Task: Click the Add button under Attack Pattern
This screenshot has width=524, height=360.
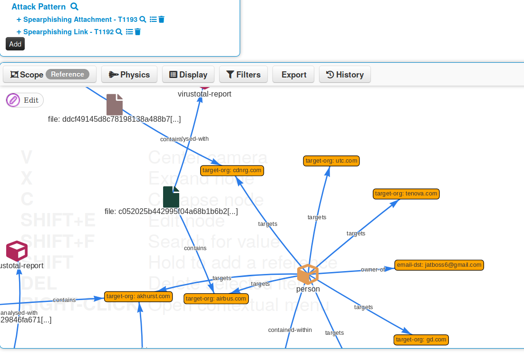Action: [15, 44]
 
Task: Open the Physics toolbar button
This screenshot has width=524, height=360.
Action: [129, 75]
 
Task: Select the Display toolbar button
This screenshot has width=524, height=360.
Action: [188, 75]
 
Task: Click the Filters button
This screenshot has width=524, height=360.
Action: [243, 75]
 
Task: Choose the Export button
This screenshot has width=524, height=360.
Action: [293, 75]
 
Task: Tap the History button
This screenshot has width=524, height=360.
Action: [345, 75]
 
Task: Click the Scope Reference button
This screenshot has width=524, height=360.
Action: [50, 75]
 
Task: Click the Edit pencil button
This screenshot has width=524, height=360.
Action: [25, 100]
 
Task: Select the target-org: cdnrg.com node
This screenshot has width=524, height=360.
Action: [232, 170]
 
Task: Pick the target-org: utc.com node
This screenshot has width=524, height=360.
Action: [331, 161]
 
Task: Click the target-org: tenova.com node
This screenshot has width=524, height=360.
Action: [406, 194]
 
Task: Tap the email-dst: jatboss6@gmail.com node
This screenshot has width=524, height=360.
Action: [439, 265]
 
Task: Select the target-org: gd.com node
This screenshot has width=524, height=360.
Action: [421, 340]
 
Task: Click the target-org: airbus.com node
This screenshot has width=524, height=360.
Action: [216, 299]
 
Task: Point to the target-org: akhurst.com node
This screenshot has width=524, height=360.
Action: [138, 296]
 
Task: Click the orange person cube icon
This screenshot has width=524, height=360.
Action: [308, 274]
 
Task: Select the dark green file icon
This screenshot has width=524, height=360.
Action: [171, 197]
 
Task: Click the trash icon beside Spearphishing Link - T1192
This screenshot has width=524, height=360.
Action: [138, 32]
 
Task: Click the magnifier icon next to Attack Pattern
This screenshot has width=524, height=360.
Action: [74, 7]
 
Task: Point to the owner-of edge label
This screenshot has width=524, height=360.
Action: [373, 270]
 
